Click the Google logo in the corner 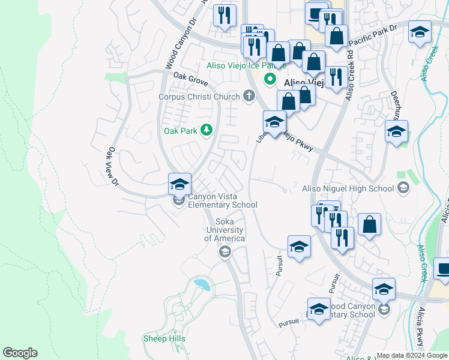click(20, 353)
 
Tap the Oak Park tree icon click(206, 130)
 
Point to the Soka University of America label click(224, 230)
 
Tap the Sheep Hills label click(164, 339)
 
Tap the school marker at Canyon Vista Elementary click(179, 184)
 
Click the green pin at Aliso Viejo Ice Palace click(270, 79)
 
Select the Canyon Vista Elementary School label click(223, 200)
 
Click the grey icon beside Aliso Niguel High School click(403, 188)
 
